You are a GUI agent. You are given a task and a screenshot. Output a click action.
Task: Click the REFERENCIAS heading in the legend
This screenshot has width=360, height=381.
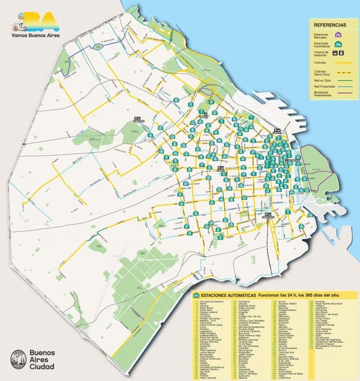click(330, 25)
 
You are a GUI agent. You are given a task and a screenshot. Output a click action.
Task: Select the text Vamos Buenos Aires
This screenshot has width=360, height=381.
click(35, 34)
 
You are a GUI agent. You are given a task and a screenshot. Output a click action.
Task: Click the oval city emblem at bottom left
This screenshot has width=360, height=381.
click(18, 360)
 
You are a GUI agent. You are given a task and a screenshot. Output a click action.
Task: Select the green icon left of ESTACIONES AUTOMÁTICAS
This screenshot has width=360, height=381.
click(196, 295)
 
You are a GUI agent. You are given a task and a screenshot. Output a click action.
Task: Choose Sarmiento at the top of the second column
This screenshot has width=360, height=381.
click(246, 302)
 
